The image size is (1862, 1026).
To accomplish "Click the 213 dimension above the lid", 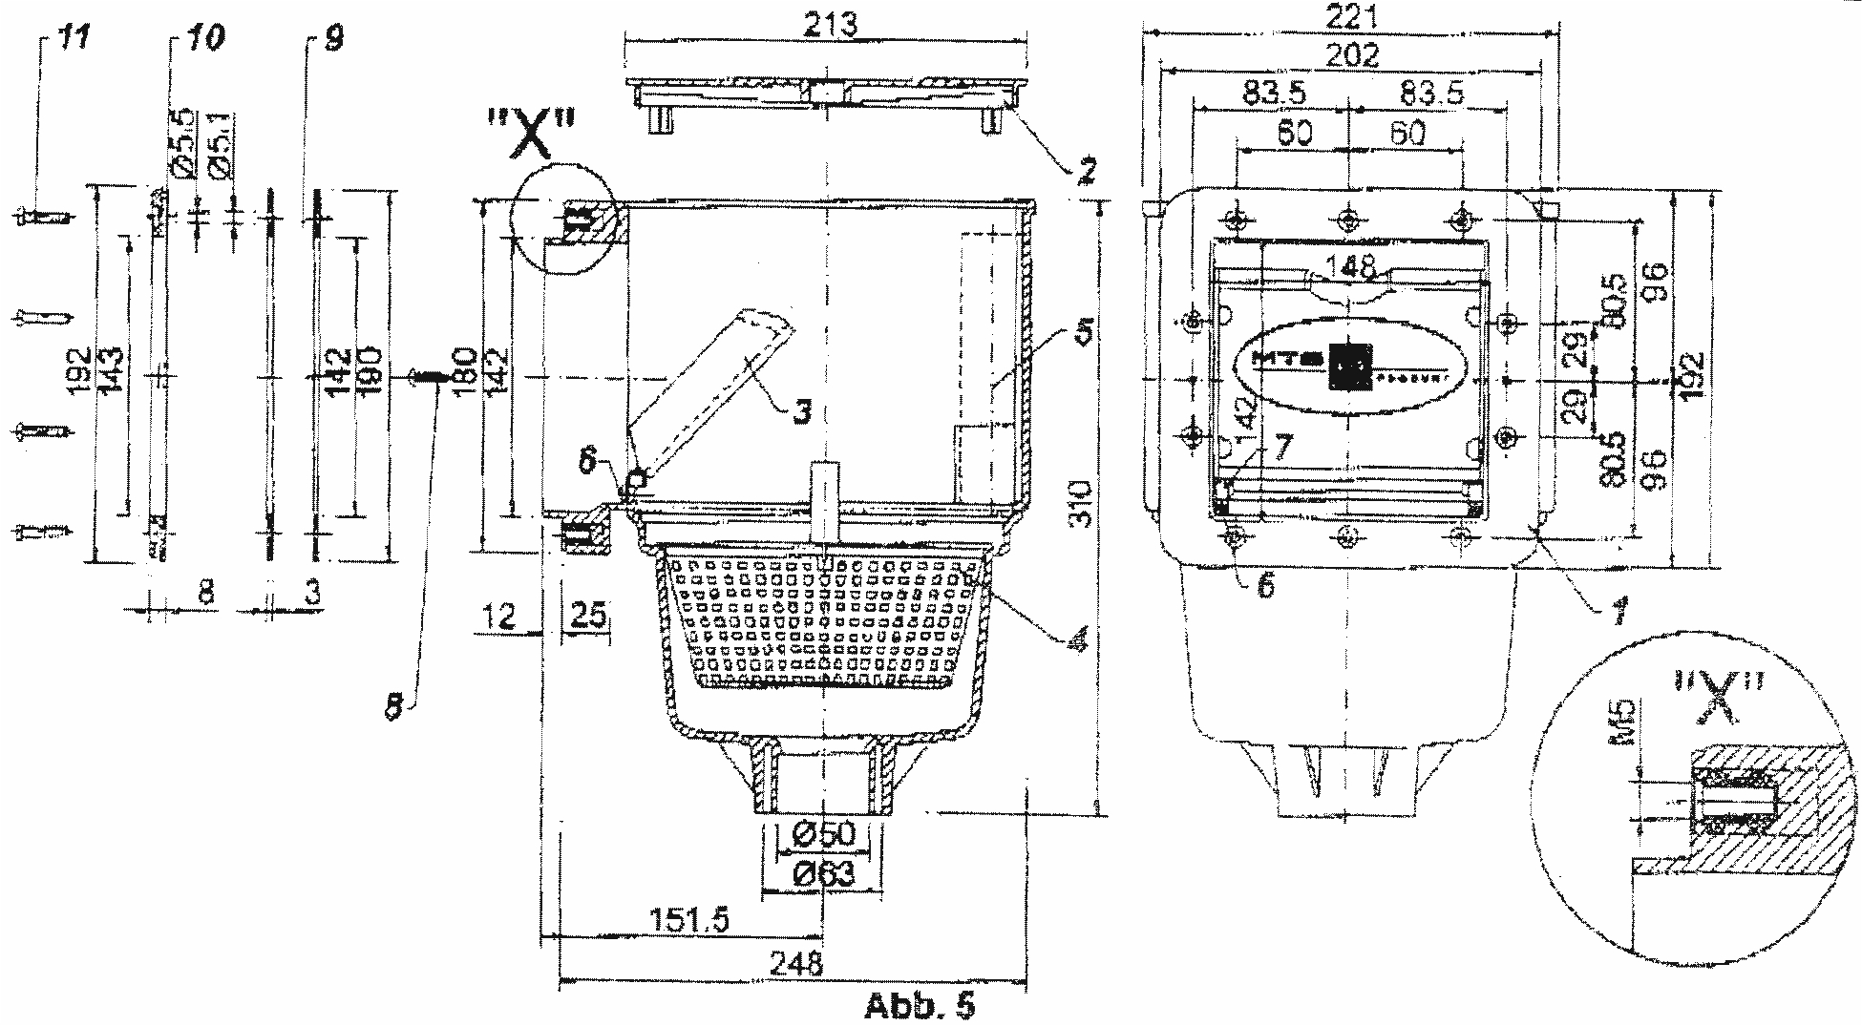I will [829, 24].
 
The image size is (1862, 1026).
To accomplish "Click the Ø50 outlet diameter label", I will [822, 835].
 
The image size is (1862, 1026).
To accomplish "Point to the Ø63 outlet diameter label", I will [822, 873].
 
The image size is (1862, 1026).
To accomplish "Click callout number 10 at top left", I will [205, 39].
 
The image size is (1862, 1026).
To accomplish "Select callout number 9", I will [330, 39].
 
